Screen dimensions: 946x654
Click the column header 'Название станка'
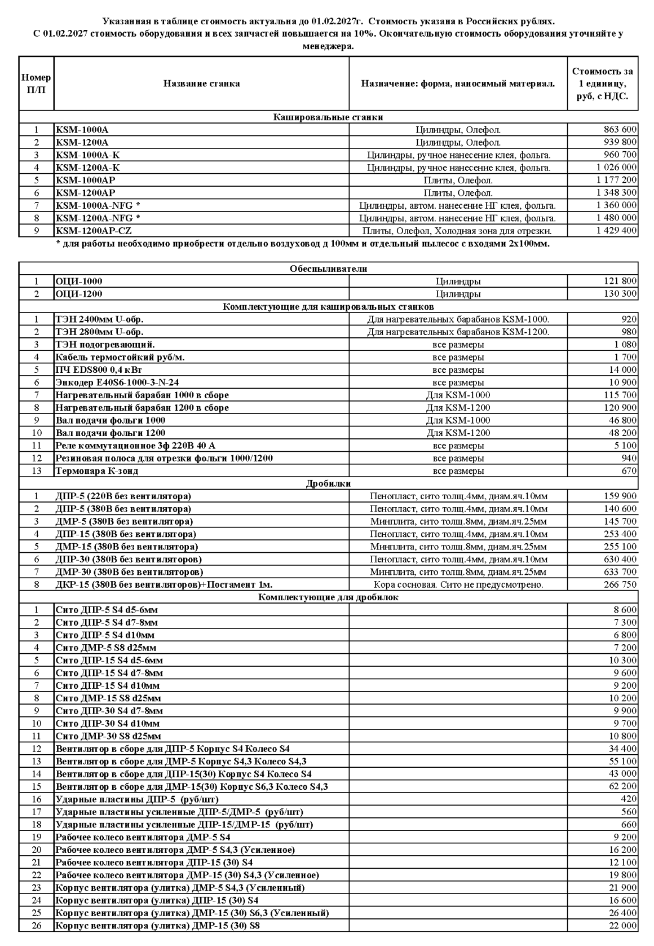pyautogui.click(x=201, y=83)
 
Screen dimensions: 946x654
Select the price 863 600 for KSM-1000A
pyautogui.click(x=620, y=130)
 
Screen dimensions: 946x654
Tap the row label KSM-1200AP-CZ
pyautogui.click(x=94, y=231)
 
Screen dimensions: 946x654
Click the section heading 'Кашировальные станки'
pyautogui.click(x=328, y=117)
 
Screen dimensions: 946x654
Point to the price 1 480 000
pyautogui.click(x=617, y=218)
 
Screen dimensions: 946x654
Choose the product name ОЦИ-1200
pyautogui.click(x=79, y=294)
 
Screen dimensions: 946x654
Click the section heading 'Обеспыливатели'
pyautogui.click(x=328, y=269)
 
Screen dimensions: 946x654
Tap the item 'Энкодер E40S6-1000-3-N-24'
pyautogui.click(x=117, y=382)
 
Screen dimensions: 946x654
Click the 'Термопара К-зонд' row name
pyautogui.click(x=97, y=471)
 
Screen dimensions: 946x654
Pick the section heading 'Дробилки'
pyautogui.click(x=328, y=483)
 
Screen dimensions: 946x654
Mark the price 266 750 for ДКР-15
pyautogui.click(x=620, y=585)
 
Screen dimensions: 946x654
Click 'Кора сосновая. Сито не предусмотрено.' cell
pyautogui.click(x=458, y=585)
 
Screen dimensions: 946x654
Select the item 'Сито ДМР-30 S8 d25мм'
pyautogui.click(x=108, y=736)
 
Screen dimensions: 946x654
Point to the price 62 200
pyautogui.click(x=624, y=786)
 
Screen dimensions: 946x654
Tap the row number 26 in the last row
pyautogui.click(x=37, y=926)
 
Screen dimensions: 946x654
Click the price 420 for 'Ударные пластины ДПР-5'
pyautogui.click(x=629, y=799)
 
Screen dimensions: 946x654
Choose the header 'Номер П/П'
pyautogui.click(x=37, y=83)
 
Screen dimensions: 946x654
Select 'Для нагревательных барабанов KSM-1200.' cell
pyautogui.click(x=458, y=332)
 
